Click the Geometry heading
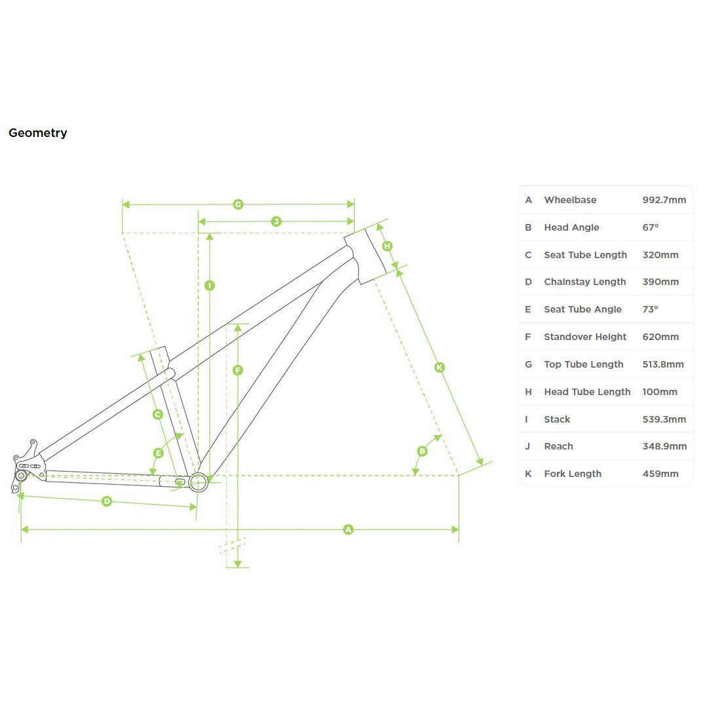click(x=38, y=133)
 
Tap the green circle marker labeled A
click(x=348, y=529)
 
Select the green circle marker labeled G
click(x=238, y=204)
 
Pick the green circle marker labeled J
click(x=276, y=221)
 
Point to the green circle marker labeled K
click(x=440, y=368)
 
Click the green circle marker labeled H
click(x=387, y=246)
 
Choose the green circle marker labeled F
click(x=238, y=370)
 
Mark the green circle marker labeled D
click(x=107, y=501)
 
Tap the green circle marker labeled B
click(x=422, y=451)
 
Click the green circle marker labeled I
click(x=210, y=286)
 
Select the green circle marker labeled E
click(x=159, y=453)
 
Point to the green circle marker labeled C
click(x=157, y=414)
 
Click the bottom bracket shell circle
click(x=199, y=482)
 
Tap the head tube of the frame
click(x=365, y=256)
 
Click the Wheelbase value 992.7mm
click(x=664, y=200)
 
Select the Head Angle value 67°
click(x=650, y=227)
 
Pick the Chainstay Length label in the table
click(x=585, y=282)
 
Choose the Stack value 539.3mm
click(x=664, y=419)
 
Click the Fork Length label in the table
click(x=573, y=474)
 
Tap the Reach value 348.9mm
click(x=664, y=446)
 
